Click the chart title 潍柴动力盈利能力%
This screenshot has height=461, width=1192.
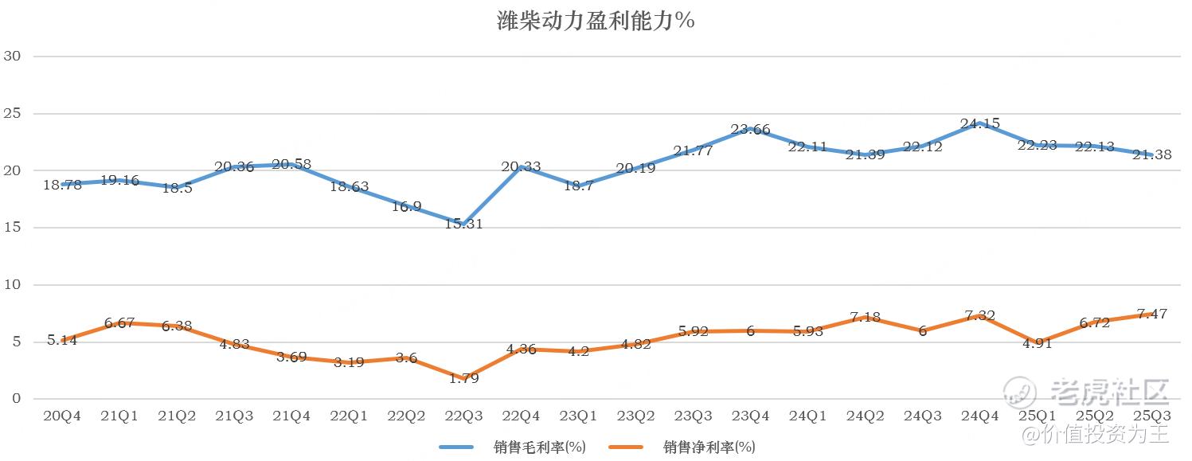(x=596, y=21)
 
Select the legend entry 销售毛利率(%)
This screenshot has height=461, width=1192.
(x=539, y=447)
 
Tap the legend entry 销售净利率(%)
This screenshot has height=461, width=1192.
(x=709, y=447)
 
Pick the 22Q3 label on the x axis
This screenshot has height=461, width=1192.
(x=463, y=416)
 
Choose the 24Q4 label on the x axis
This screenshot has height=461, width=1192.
(x=979, y=416)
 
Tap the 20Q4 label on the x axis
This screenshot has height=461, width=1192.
(x=61, y=416)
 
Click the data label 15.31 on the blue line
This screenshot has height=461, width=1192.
(x=463, y=225)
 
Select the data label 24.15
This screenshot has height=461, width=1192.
(x=979, y=123)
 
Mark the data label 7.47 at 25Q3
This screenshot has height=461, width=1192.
(x=1151, y=314)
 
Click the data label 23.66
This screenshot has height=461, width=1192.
(x=750, y=129)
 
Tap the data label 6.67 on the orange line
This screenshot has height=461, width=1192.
(x=119, y=322)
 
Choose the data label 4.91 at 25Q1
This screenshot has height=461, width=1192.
(x=1037, y=345)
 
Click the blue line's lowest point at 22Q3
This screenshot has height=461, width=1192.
(x=463, y=224)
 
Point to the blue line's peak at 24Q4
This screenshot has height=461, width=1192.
(x=979, y=123)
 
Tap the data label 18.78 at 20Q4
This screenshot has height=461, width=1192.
(x=61, y=185)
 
